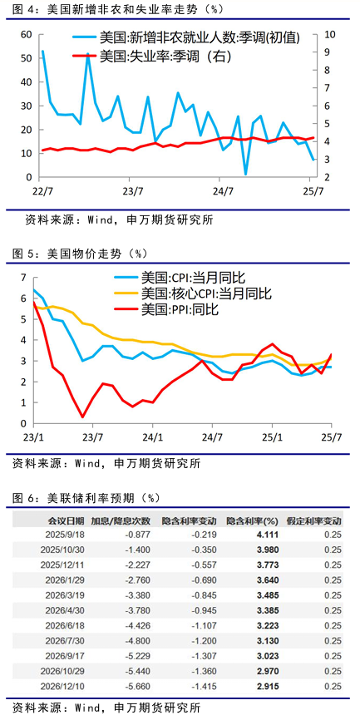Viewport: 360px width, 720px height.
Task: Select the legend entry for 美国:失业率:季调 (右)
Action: [151, 57]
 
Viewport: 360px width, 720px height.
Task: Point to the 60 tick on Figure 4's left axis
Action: [26, 34]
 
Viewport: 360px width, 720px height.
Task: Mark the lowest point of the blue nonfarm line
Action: [245, 175]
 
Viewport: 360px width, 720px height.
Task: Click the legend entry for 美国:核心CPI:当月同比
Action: [194, 293]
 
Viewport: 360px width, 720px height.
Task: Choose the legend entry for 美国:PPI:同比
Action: [166, 309]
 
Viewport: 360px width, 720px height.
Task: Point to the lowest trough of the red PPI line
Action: [82, 417]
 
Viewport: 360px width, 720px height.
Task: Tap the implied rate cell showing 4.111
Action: [267, 535]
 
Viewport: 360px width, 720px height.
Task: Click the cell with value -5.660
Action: [138, 687]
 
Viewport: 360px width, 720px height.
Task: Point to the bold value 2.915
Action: [267, 687]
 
